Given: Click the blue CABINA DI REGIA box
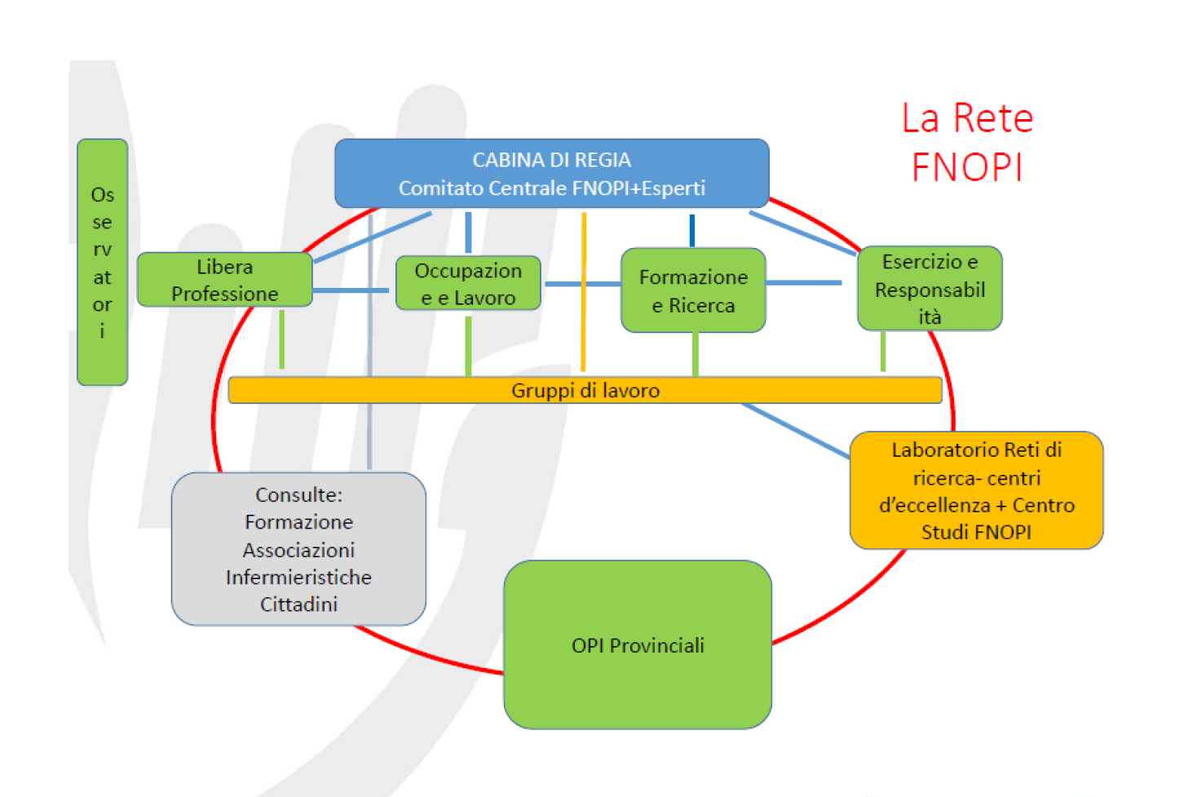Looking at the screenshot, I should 551,173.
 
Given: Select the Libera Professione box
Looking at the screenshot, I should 224,280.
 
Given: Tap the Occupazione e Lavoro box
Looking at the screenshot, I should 467,283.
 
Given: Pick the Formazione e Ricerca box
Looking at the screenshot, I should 693,290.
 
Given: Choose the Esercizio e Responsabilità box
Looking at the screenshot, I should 930,289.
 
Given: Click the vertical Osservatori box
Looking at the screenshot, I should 102,262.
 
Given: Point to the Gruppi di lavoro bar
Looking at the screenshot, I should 585,390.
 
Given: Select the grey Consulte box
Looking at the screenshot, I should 298,549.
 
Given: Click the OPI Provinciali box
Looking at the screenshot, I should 638,644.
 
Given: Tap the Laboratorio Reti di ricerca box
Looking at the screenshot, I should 976,490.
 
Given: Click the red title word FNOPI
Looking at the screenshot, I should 967,167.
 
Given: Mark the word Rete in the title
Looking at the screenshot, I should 993,118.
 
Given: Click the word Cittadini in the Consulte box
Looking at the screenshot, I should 298,604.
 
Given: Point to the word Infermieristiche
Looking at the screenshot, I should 298,578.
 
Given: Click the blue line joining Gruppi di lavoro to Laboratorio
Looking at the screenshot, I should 795,430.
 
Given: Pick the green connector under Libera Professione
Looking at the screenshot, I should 282,339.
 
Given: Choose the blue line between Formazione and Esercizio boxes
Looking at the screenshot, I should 803,283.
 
